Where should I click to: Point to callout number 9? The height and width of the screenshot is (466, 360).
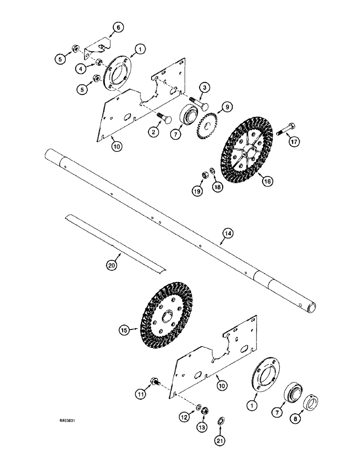(x=228, y=107)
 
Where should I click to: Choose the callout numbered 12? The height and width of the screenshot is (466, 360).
(x=185, y=417)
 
